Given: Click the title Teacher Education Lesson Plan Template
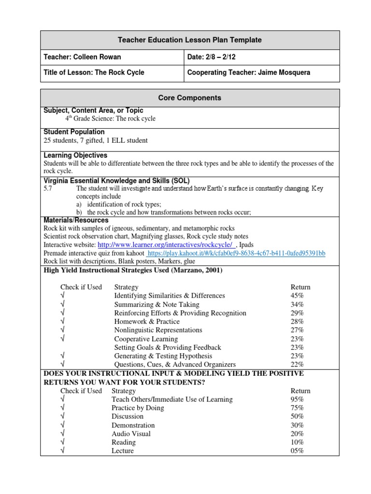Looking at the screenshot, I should coord(190,40).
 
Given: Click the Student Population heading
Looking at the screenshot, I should coord(74,132).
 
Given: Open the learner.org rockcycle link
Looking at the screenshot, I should coord(166,245).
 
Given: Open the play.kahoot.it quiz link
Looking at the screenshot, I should coord(236,253).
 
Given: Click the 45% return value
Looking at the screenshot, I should coord(297,296).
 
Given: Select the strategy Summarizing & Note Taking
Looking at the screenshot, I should coord(157,304).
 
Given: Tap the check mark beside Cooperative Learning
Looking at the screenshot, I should coord(63,339).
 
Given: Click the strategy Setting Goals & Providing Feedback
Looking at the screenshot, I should coord(168,347).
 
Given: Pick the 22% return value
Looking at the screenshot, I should coord(297,364).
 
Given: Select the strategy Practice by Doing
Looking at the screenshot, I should coord(138,408).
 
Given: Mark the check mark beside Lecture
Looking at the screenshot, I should coord(63,451).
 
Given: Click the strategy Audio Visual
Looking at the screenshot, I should coord(131,434).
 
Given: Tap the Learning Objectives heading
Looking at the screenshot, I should coord(75,155).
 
